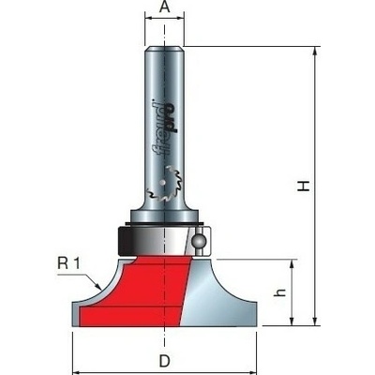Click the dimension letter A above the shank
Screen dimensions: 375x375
164,7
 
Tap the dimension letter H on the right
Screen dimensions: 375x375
303,187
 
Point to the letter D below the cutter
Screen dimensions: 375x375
164,362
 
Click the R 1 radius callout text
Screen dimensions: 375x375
68,263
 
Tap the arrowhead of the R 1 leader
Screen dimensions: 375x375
97,286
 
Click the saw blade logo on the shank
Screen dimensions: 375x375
163,185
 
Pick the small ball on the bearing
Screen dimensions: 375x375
198,241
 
